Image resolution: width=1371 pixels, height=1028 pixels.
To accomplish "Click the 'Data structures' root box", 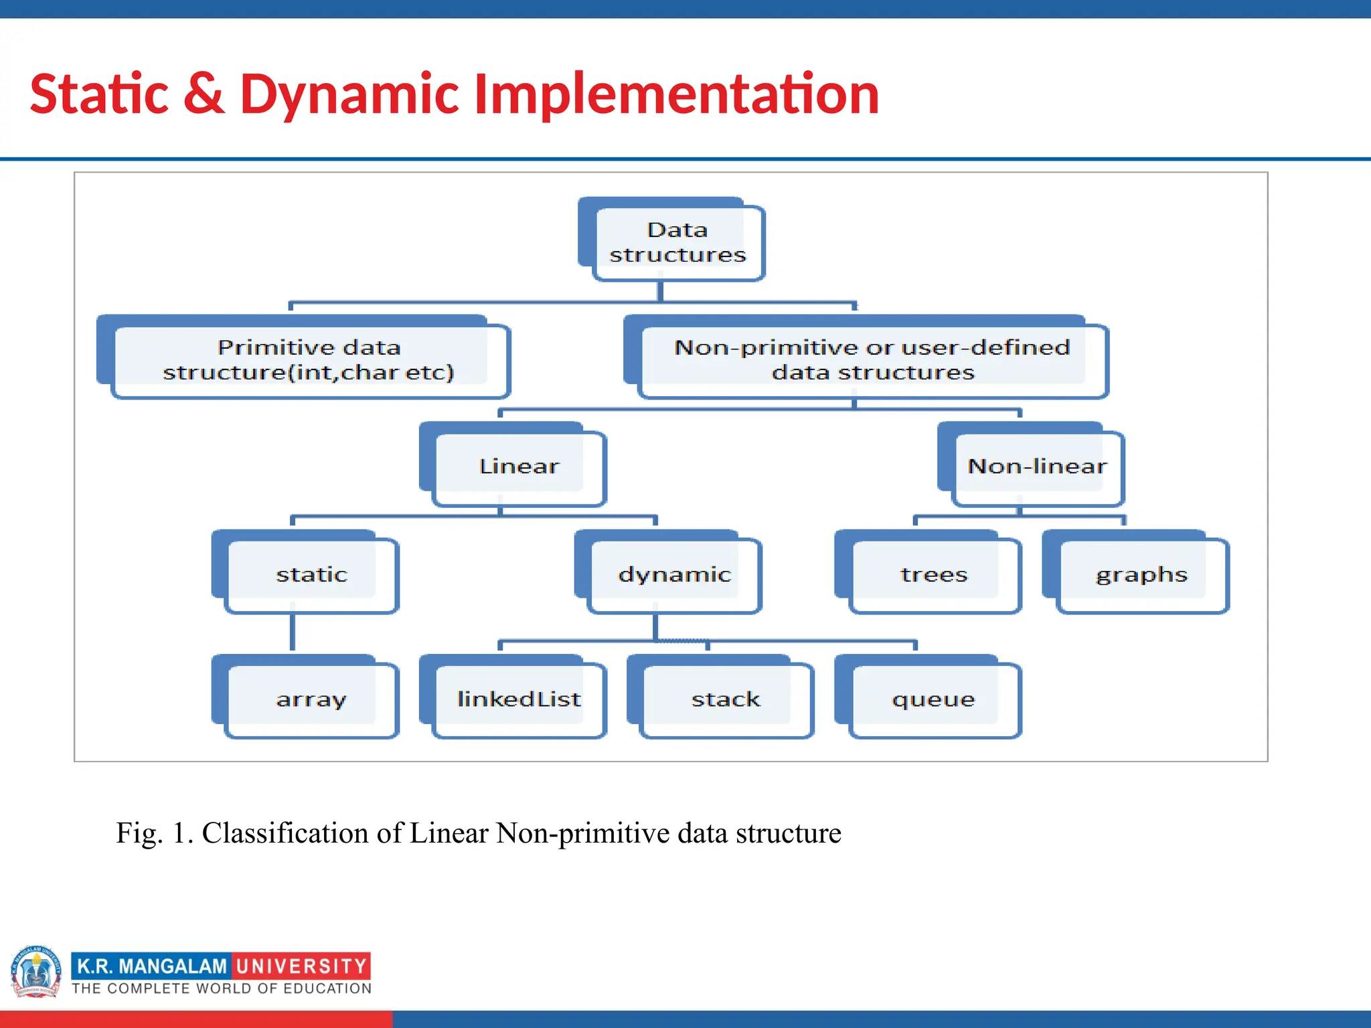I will pyautogui.click(x=677, y=242).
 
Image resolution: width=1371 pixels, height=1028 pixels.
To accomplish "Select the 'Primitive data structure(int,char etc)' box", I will pyautogui.click(x=309, y=360).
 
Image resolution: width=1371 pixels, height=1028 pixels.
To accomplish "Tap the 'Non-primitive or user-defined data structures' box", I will pyautogui.click(x=872, y=360).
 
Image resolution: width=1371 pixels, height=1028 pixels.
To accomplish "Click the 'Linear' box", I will pyautogui.click(x=519, y=466).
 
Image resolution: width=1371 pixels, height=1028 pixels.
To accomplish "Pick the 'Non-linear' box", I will pyautogui.click(x=1036, y=466).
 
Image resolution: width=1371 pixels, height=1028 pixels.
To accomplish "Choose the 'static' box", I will pyautogui.click(x=311, y=574).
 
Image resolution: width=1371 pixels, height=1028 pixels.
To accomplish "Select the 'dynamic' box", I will pyautogui.click(x=674, y=574).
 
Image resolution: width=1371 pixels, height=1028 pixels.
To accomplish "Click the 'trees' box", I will pyautogui.click(x=934, y=574).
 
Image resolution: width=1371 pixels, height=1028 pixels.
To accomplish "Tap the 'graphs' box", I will pyautogui.click(x=1141, y=574).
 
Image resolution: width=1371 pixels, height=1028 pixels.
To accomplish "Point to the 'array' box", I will pyautogui.click(x=311, y=699).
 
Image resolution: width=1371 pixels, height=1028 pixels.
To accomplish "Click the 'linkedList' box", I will pyautogui.click(x=519, y=699).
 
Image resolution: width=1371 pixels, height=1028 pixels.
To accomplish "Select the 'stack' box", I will pyautogui.click(x=726, y=699).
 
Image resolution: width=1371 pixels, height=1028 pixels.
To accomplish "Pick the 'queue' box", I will pyautogui.click(x=934, y=699).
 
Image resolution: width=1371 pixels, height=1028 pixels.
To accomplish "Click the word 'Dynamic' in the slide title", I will pyautogui.click(x=349, y=94).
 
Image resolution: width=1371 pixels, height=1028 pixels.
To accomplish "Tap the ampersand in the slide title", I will pyautogui.click(x=204, y=94).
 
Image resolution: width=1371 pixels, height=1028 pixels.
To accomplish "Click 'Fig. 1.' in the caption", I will pyautogui.click(x=154, y=833).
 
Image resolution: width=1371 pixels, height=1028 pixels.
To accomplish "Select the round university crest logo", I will pyautogui.click(x=36, y=972).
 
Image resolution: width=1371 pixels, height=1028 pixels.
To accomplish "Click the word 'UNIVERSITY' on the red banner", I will pyautogui.click(x=301, y=966).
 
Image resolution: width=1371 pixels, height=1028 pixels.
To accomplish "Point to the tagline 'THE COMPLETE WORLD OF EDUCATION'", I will pyautogui.click(x=222, y=989).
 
